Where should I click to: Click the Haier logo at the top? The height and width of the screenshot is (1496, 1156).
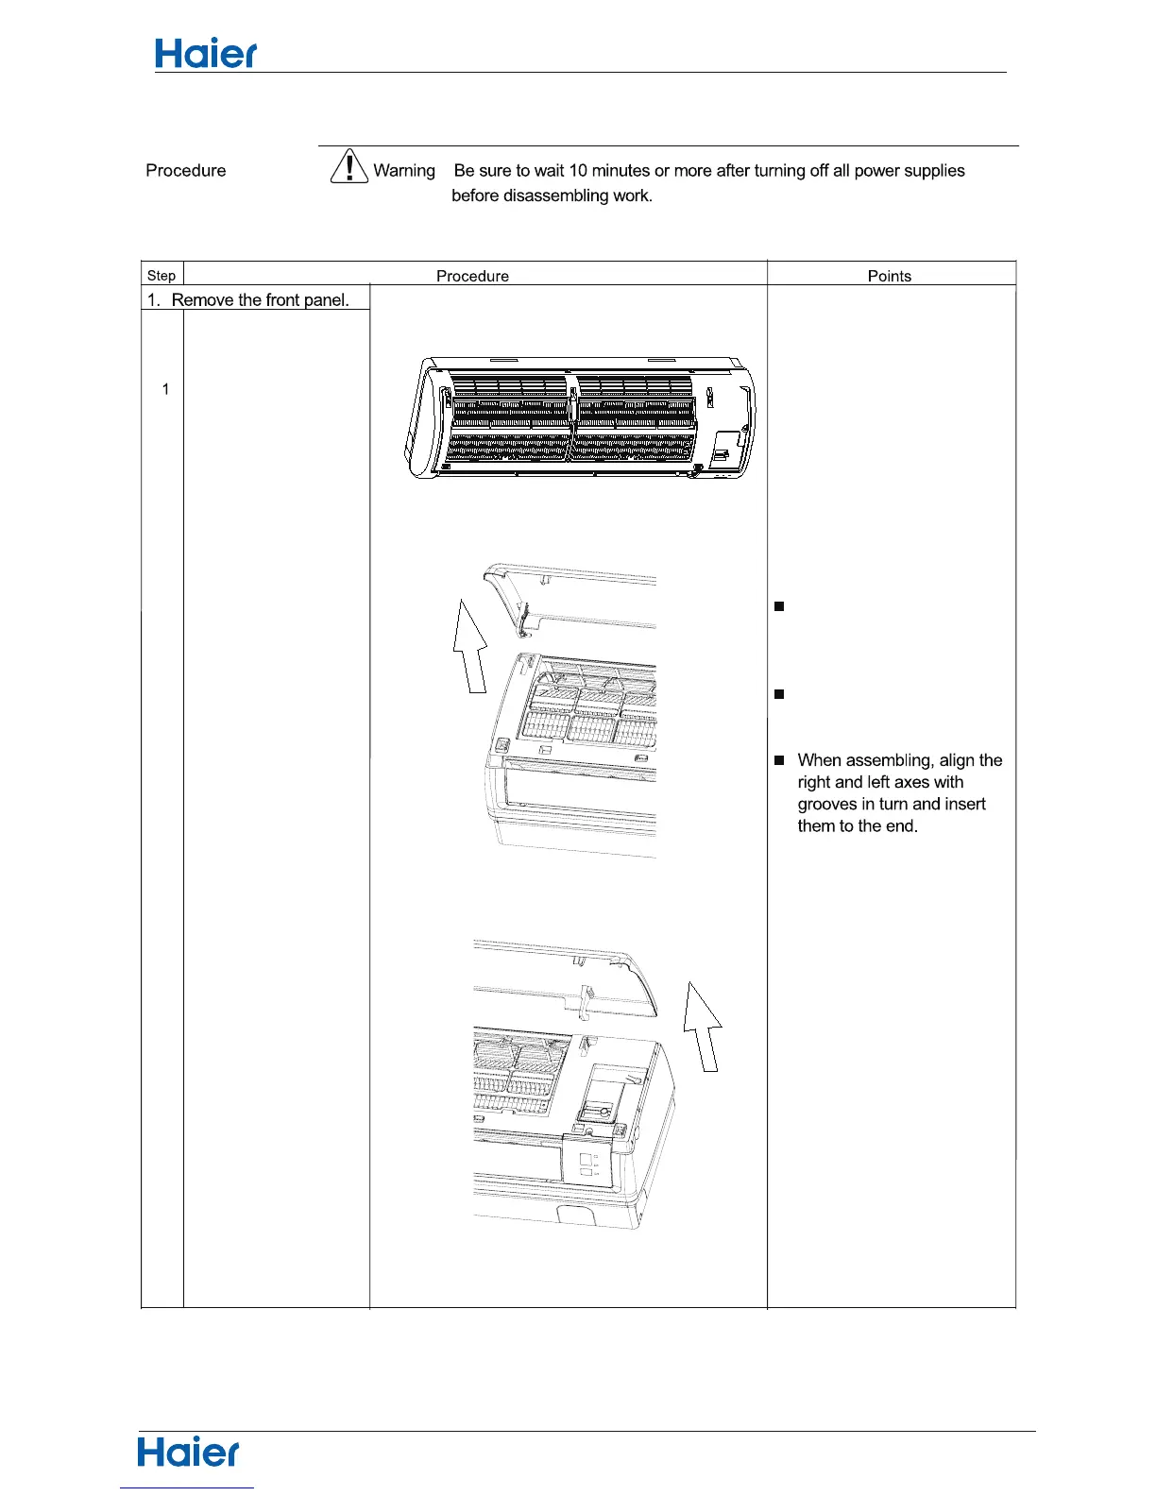(206, 54)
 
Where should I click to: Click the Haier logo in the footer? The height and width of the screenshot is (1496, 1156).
(189, 1453)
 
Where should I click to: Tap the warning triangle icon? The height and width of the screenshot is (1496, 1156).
(349, 166)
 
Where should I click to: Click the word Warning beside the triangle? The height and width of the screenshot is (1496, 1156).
(404, 171)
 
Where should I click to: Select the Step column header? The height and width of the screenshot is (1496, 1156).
(161, 276)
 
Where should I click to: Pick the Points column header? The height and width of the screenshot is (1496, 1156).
(890, 276)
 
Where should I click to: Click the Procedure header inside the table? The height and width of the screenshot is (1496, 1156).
(472, 276)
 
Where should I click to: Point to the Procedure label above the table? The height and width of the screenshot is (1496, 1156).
(186, 171)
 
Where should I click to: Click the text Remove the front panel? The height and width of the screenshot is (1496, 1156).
(260, 300)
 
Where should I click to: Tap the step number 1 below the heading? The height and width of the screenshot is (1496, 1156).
(165, 389)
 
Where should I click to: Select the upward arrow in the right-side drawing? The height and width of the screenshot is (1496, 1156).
(703, 1027)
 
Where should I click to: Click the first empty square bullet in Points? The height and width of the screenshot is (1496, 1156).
(779, 606)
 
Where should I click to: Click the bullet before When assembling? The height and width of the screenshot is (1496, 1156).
(779, 760)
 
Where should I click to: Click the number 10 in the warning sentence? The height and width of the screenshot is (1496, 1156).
(578, 171)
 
